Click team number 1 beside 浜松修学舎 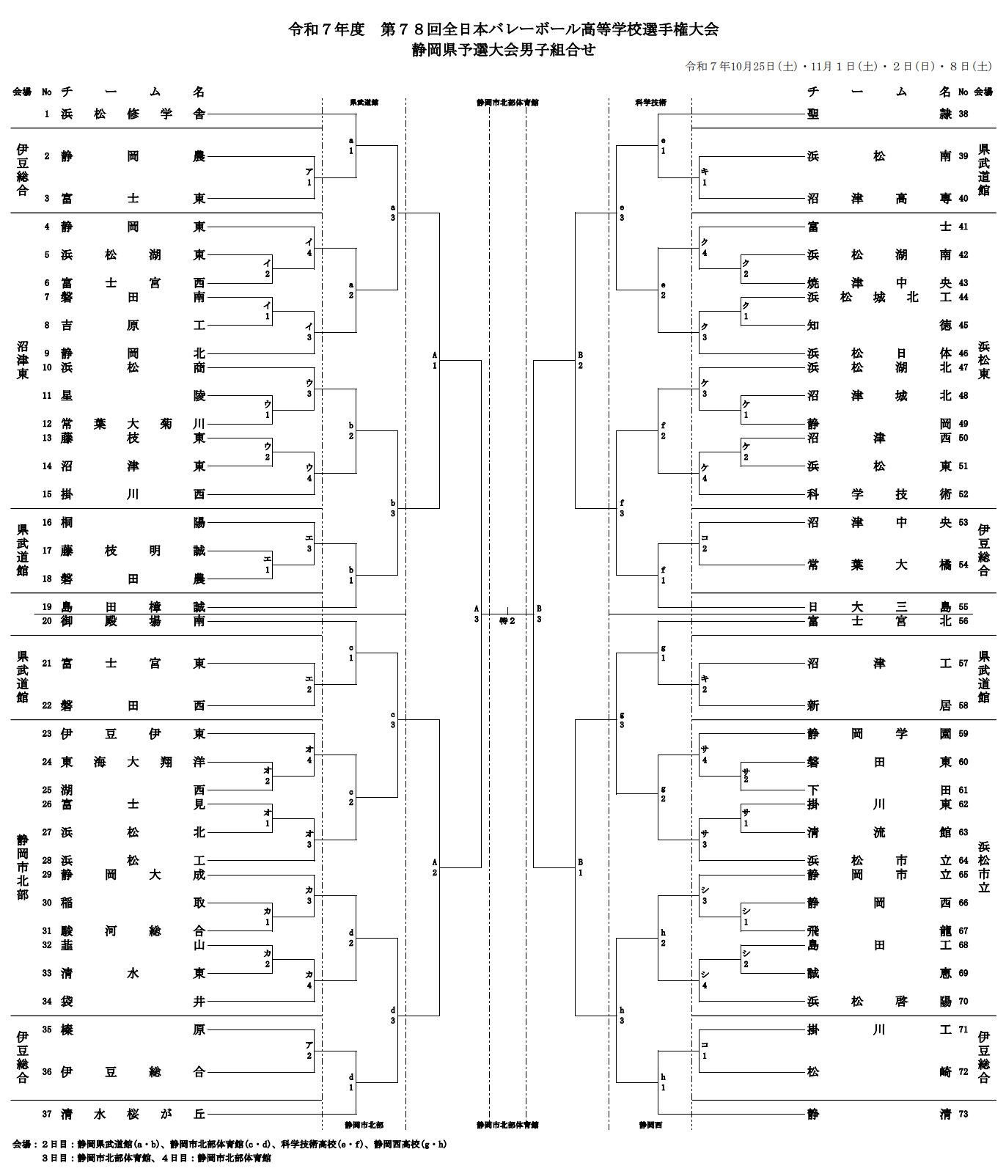coord(47,114)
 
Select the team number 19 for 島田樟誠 coord(47,606)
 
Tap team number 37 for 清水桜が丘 coord(47,1114)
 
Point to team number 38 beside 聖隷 coord(963,114)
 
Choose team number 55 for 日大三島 coord(963,606)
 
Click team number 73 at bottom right coord(963,1114)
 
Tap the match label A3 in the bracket coord(476,614)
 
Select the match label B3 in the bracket coord(539,614)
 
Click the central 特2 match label coord(507,620)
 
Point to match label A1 coord(434,360)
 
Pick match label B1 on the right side coord(581,867)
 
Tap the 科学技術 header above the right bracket coord(650,103)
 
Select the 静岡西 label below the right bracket coord(650,1125)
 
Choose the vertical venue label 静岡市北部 coord(23,867)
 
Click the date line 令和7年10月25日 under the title coord(837,67)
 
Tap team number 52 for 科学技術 coord(963,494)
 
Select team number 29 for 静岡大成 coord(47,875)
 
